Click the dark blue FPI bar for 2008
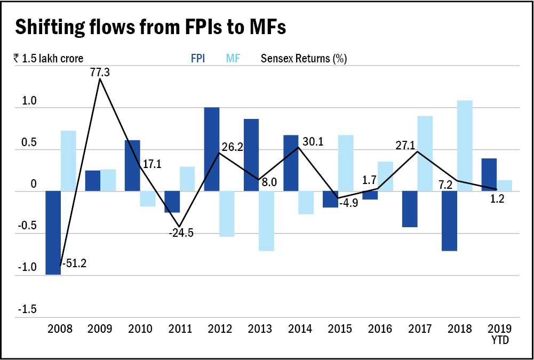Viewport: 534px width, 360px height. tap(53, 233)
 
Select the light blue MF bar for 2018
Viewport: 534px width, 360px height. tap(465, 146)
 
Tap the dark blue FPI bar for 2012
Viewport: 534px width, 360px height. tap(212, 149)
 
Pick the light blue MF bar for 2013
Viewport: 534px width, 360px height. tap(267, 221)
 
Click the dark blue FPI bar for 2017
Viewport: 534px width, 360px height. tap(410, 209)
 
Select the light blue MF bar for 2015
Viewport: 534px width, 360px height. tap(346, 163)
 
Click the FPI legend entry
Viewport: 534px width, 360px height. tap(198, 59)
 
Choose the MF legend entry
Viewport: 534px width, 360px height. tap(233, 59)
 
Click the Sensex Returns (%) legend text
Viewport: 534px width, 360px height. tap(304, 59)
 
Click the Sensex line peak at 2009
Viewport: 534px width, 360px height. tap(100, 79)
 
